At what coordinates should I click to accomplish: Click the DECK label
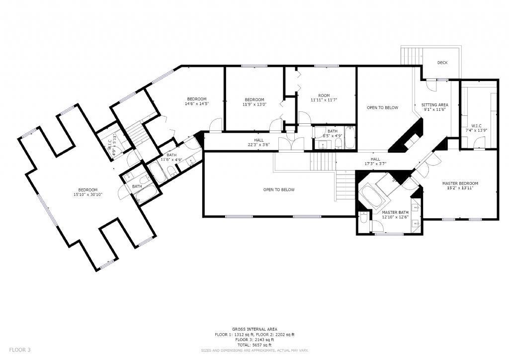click(x=442, y=63)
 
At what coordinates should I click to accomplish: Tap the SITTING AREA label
click(x=435, y=105)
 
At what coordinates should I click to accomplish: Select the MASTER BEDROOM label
click(x=460, y=183)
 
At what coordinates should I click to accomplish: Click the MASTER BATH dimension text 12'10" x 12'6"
click(x=395, y=217)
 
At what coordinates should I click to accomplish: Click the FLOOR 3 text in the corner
click(x=20, y=350)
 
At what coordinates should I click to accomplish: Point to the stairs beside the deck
click(x=411, y=56)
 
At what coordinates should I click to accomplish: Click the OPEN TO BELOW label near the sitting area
click(x=382, y=107)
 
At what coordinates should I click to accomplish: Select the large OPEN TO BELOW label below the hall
click(x=279, y=189)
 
